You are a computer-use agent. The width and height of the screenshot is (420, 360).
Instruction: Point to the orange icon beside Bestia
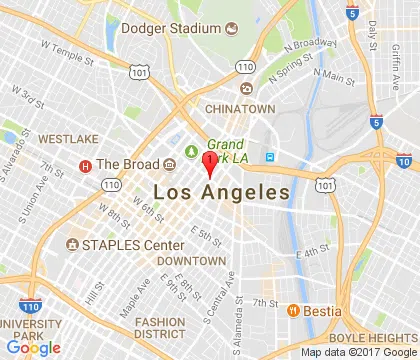click(x=294, y=309)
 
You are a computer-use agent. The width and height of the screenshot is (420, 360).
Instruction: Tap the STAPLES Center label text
click(x=132, y=245)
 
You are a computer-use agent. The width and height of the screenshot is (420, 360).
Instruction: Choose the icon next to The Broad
click(x=85, y=165)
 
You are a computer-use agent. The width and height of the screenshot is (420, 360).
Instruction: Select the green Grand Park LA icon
click(x=190, y=151)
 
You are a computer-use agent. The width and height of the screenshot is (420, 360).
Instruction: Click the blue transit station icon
click(x=269, y=157)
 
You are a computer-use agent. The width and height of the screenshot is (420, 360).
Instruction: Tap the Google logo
click(x=32, y=347)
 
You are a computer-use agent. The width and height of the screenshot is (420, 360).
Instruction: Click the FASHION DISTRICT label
click(x=160, y=328)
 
